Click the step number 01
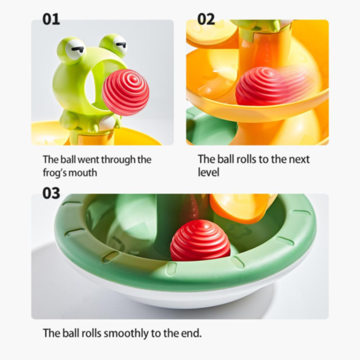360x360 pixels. tap(51, 19)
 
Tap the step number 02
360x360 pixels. tap(206, 19)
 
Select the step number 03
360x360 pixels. tap(51, 193)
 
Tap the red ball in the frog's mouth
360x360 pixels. tap(125, 92)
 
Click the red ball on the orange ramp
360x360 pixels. tap(260, 87)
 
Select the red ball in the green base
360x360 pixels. tap(200, 240)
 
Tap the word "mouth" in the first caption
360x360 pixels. tap(83, 173)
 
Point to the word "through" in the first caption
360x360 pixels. tap(118, 160)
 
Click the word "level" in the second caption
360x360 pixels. tap(209, 172)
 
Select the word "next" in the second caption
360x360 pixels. tap(299, 159)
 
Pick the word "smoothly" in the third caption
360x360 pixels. tap(126, 334)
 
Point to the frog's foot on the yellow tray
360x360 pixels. tap(69, 122)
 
